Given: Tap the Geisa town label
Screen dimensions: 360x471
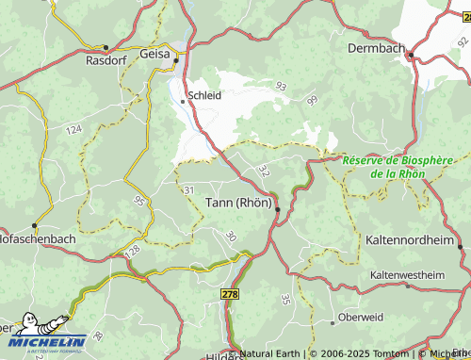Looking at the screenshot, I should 154,56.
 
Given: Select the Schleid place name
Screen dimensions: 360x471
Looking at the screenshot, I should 204,96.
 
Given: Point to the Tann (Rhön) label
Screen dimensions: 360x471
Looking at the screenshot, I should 238,202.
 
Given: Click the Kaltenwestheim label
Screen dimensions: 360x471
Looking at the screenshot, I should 407,274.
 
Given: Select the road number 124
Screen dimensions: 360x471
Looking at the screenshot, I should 74,128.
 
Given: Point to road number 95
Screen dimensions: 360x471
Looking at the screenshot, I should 139,201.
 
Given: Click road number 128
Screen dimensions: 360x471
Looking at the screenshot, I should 131,251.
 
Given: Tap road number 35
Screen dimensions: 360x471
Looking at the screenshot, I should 285,300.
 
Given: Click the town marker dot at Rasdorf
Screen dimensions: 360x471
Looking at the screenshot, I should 106,46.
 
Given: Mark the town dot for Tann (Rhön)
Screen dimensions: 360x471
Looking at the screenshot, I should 277,210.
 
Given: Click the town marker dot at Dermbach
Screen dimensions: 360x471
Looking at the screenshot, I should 411,56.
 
